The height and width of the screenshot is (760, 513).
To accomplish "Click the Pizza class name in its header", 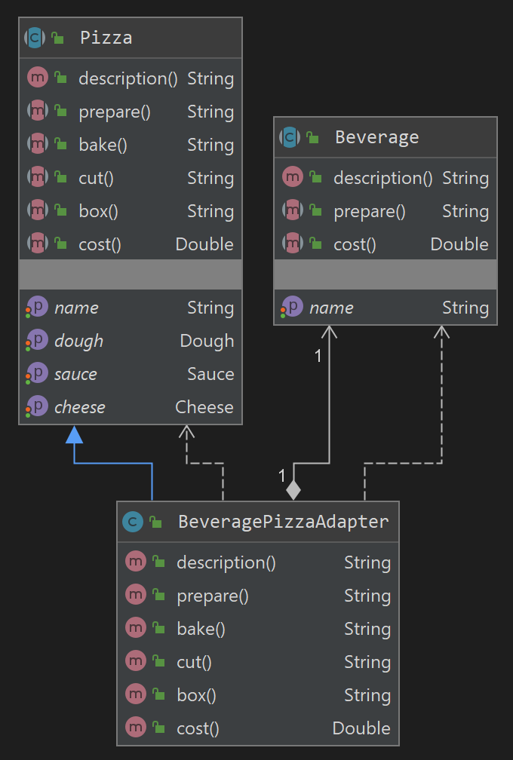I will [x=106, y=38].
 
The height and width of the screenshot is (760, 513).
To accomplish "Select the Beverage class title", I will [x=376, y=137].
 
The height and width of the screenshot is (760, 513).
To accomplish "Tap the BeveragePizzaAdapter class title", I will [x=283, y=522].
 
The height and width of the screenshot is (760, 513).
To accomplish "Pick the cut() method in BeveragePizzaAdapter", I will [x=194, y=662].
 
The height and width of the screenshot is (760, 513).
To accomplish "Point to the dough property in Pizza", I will [x=78, y=341].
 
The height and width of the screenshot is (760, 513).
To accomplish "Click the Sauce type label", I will [x=210, y=374].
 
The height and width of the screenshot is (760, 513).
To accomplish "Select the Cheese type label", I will [x=204, y=407].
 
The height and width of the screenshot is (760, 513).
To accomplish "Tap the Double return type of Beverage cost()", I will [x=459, y=244].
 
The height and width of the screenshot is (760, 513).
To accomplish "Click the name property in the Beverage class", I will [x=331, y=308].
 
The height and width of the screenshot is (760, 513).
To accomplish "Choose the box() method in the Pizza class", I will [x=98, y=211].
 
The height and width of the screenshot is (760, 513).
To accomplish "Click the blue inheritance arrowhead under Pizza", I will [x=74, y=434].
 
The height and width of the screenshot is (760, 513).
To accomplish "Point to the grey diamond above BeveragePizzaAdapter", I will [x=293, y=489].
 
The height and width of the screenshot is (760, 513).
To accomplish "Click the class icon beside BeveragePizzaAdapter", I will [x=132, y=522].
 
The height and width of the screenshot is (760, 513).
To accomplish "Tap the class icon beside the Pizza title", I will [x=34, y=38].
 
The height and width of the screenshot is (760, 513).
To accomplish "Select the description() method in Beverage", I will [x=382, y=178].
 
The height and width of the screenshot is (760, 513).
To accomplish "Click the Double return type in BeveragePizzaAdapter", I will [x=361, y=728].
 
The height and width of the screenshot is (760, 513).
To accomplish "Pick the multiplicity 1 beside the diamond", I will [x=281, y=476].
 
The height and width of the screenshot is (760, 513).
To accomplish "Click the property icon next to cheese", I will [x=36, y=407].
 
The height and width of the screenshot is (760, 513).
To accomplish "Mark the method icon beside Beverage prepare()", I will [x=292, y=211].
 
